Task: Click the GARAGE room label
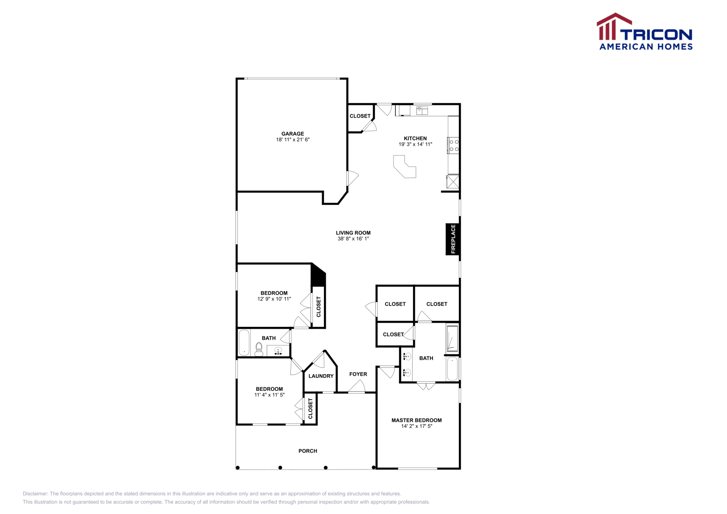click(292, 133)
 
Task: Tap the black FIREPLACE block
click(453, 239)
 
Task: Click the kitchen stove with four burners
click(453, 145)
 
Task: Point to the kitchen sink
click(422, 110)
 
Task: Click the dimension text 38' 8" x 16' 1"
click(353, 239)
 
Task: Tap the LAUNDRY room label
click(321, 376)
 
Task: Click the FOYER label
click(358, 374)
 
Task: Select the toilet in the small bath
click(259, 349)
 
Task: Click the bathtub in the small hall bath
click(244, 342)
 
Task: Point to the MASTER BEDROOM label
click(416, 420)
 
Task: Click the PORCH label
click(308, 451)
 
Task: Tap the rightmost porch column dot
click(374, 467)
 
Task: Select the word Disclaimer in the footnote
click(35, 494)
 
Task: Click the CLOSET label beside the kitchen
click(360, 116)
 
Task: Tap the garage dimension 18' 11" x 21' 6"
click(292, 140)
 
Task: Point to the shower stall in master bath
click(452, 339)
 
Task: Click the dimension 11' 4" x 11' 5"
click(269, 395)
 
